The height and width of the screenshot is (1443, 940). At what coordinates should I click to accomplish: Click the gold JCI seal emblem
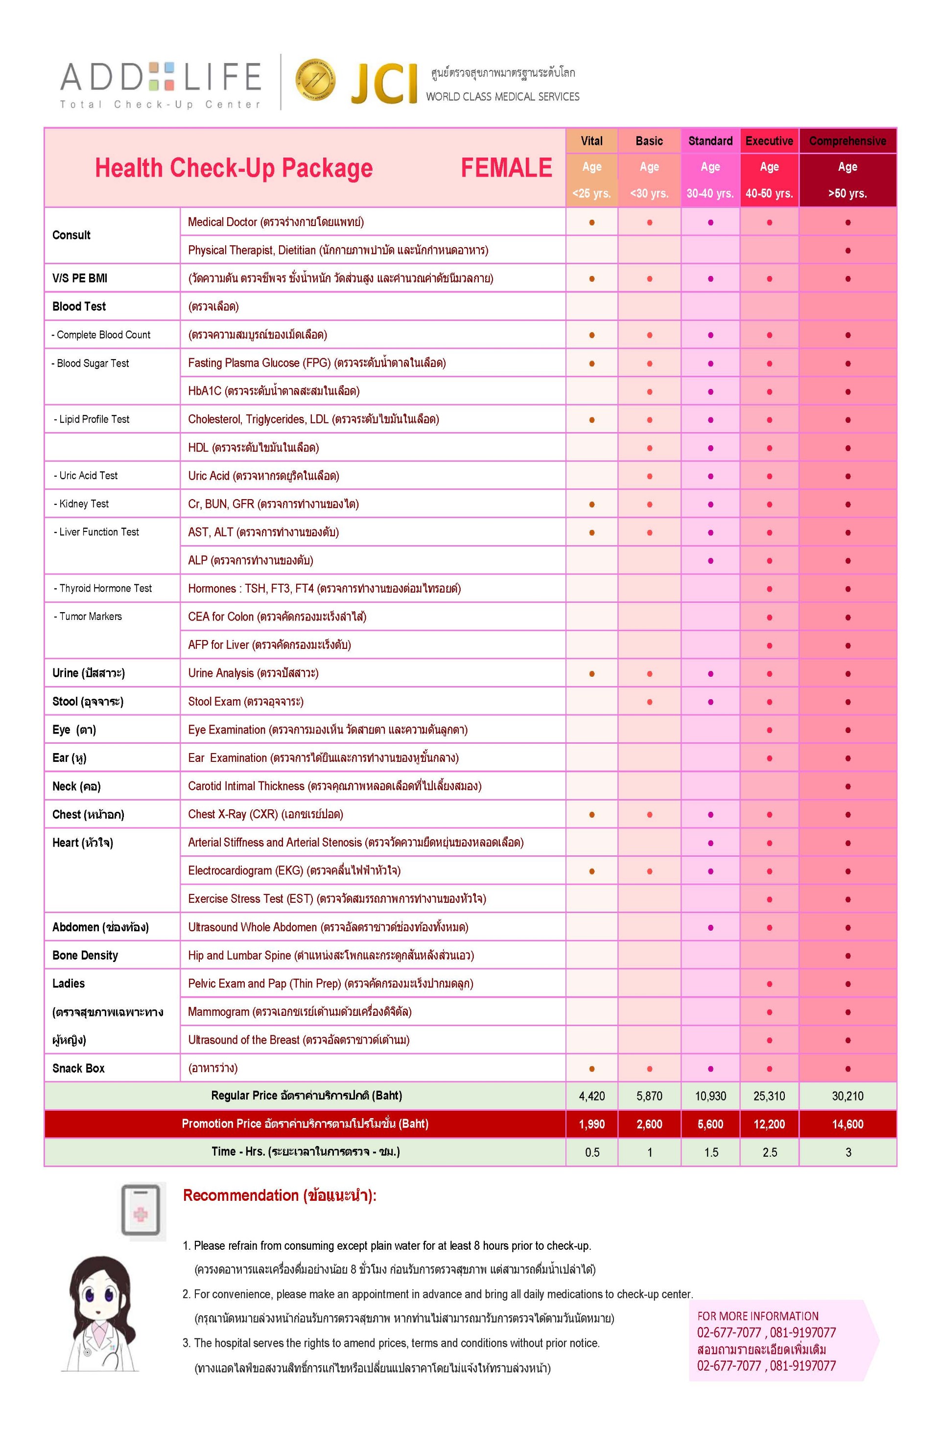tap(315, 81)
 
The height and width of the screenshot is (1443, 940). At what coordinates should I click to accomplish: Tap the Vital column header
tap(591, 140)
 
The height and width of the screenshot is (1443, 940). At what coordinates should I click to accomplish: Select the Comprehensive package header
tap(847, 140)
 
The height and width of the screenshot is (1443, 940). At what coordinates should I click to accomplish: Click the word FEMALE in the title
tap(506, 168)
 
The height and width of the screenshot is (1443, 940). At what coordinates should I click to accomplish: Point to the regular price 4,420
tap(591, 1096)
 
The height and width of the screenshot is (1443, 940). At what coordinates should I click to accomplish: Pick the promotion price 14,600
tap(847, 1124)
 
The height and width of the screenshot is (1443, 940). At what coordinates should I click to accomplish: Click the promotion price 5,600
tap(710, 1124)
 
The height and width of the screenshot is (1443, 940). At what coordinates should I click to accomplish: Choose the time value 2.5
tap(769, 1152)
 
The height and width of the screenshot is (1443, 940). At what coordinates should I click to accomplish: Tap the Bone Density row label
tap(85, 956)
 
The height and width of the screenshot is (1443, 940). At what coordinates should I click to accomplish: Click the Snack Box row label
tap(78, 1068)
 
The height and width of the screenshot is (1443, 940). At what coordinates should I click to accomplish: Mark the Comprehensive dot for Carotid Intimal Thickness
tap(847, 786)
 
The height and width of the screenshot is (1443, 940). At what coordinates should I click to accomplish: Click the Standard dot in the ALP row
tap(710, 561)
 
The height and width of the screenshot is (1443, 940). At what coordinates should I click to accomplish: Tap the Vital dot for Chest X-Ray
tap(591, 815)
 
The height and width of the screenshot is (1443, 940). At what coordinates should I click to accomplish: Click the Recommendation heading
tap(280, 1195)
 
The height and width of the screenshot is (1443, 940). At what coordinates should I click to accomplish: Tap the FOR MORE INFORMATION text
tap(757, 1316)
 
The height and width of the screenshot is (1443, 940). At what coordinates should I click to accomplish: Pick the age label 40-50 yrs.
tap(769, 193)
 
